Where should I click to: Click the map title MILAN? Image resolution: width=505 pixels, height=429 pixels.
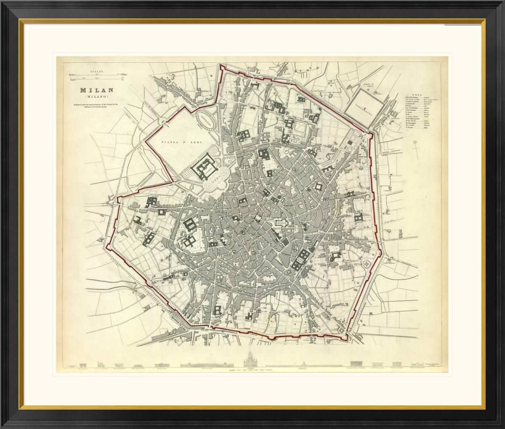point(97,91)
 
